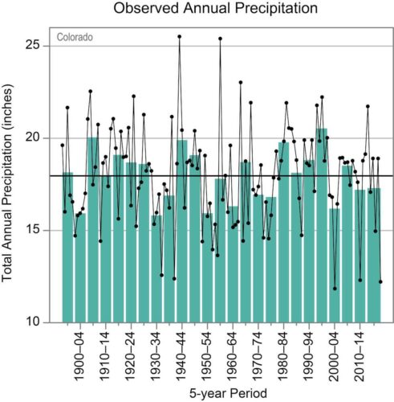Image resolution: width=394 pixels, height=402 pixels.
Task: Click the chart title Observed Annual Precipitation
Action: click(x=215, y=8)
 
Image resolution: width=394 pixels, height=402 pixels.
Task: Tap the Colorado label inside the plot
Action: click(x=75, y=37)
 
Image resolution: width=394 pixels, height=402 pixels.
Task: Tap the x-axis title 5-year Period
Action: click(x=228, y=393)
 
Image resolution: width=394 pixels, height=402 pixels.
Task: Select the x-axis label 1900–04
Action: click(x=79, y=356)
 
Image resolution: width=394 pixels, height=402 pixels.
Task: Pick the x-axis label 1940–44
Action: click(x=181, y=356)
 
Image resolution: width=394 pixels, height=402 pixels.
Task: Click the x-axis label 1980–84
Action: click(x=283, y=356)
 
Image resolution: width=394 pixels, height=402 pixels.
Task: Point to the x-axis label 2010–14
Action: click(x=359, y=356)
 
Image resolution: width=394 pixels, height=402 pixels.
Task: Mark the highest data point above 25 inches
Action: click(x=180, y=36)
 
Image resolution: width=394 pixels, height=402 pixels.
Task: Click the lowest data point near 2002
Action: click(x=335, y=289)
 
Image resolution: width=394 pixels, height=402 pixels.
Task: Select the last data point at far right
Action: click(x=380, y=281)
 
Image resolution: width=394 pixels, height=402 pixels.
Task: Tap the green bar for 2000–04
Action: click(x=335, y=265)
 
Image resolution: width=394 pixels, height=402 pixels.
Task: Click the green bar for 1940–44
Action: click(x=182, y=231)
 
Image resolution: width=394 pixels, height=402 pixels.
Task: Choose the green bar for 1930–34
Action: click(x=156, y=269)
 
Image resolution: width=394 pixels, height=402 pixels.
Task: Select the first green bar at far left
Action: click(x=67, y=247)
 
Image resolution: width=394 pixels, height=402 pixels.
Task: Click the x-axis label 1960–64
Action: click(x=232, y=356)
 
